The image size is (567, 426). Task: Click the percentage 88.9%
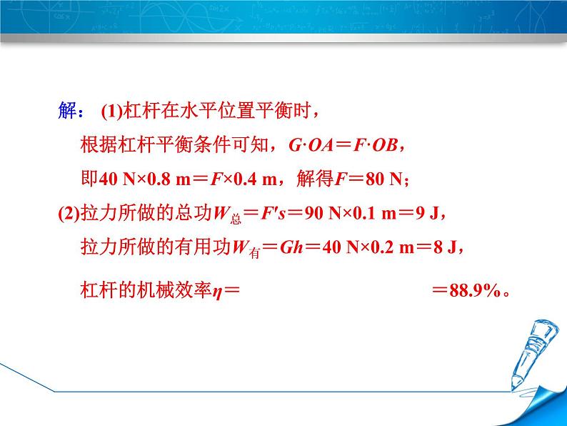(x=476, y=292)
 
